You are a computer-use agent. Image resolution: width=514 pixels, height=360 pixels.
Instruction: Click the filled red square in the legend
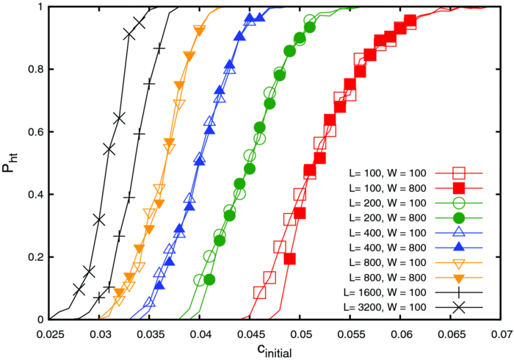(460, 189)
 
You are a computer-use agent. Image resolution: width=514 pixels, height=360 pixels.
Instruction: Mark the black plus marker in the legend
(460, 292)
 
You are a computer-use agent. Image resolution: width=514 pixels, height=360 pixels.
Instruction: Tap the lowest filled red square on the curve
(289, 259)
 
